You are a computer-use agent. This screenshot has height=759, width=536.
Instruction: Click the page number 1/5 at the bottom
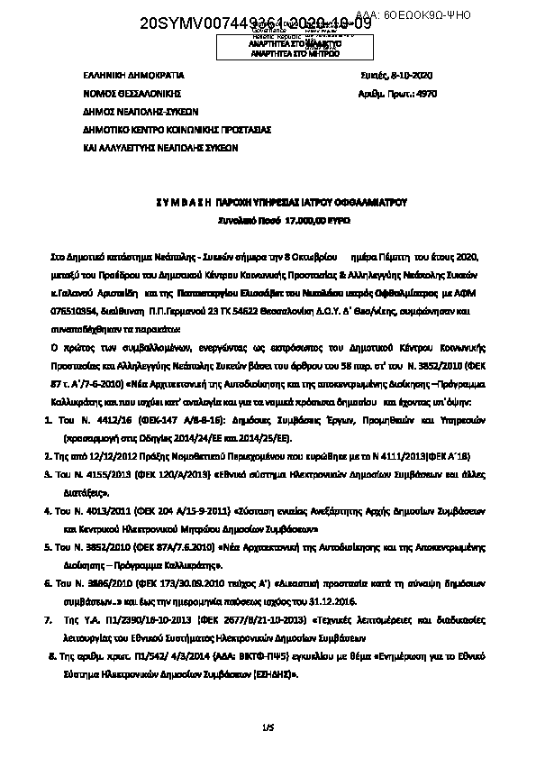267,726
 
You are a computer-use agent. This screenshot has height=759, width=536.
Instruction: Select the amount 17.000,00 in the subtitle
269,219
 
